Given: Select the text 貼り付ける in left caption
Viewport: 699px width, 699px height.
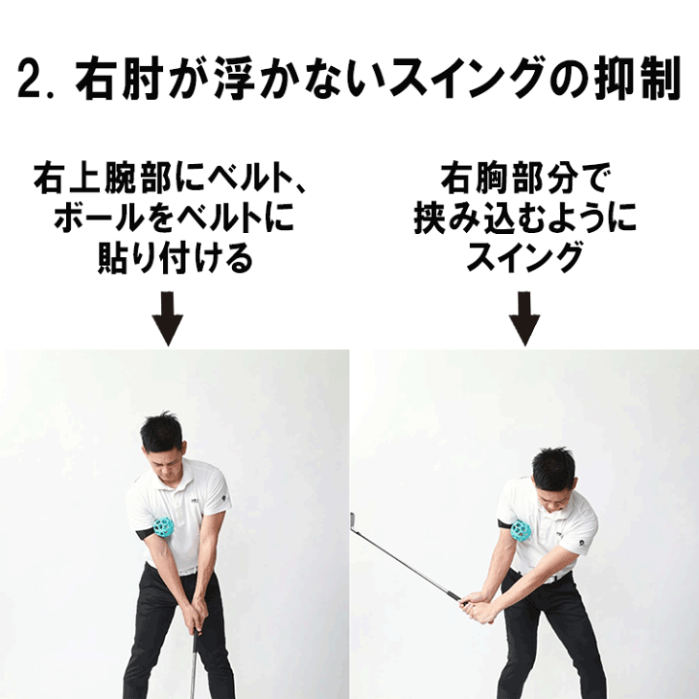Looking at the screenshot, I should [175, 259].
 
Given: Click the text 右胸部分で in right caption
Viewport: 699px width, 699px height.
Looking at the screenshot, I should [524, 180].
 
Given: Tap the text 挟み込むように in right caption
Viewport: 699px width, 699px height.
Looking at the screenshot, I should [524, 219].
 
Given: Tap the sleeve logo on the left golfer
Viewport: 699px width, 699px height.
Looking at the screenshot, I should [227, 504].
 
